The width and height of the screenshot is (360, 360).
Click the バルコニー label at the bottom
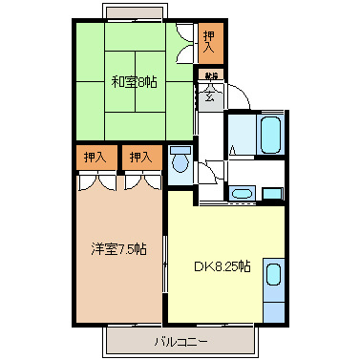[x=180, y=340]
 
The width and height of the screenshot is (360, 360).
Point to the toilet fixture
[x=180, y=159]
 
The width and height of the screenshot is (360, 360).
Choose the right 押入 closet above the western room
[x=140, y=156]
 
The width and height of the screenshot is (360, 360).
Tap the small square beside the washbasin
[x=272, y=194]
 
